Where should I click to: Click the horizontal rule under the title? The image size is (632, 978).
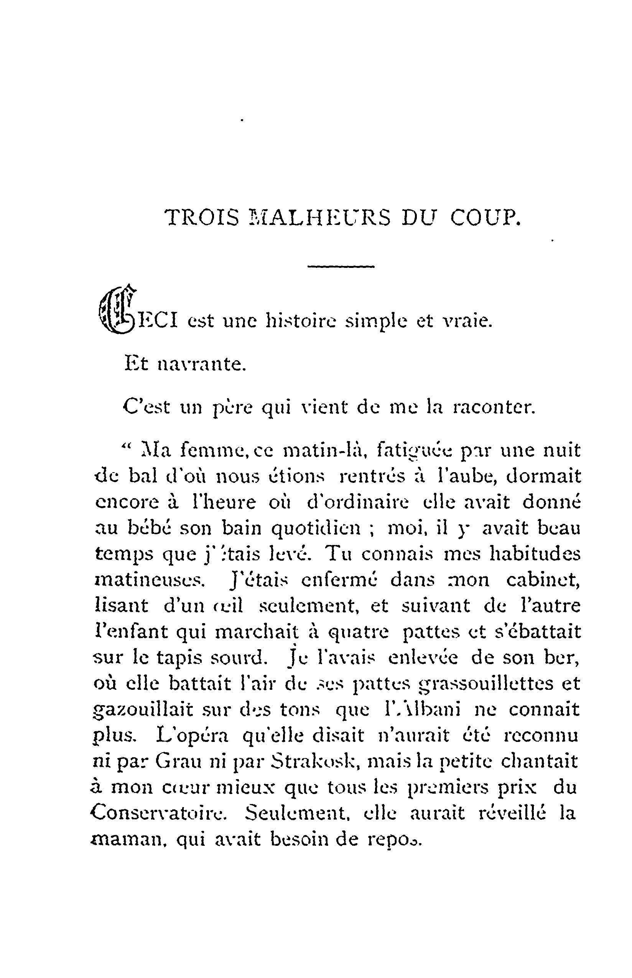tap(341, 267)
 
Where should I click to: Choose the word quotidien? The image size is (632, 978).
tap(316, 528)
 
